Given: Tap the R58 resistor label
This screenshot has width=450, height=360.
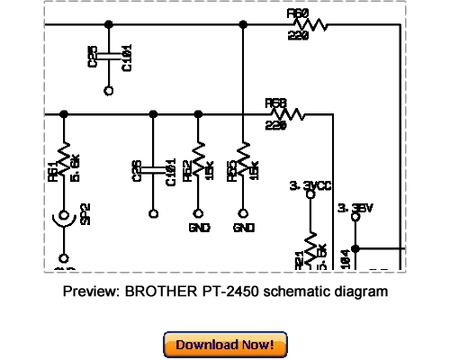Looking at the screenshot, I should tap(275, 103).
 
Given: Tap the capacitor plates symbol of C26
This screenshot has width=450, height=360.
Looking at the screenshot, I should tap(153, 168).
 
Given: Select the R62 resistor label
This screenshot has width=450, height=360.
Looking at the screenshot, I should tap(186, 169).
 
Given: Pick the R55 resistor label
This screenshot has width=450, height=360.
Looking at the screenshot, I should tap(231, 169).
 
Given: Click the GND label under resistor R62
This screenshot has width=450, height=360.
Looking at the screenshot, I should tap(199, 229).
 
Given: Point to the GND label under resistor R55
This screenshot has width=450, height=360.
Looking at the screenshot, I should tap(244, 229).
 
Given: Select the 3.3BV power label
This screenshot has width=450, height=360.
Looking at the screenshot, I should tap(355, 207).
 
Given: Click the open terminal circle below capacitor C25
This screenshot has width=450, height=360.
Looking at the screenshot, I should tap(109, 90).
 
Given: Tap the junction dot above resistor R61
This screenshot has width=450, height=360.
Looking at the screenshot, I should tap(64, 114).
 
